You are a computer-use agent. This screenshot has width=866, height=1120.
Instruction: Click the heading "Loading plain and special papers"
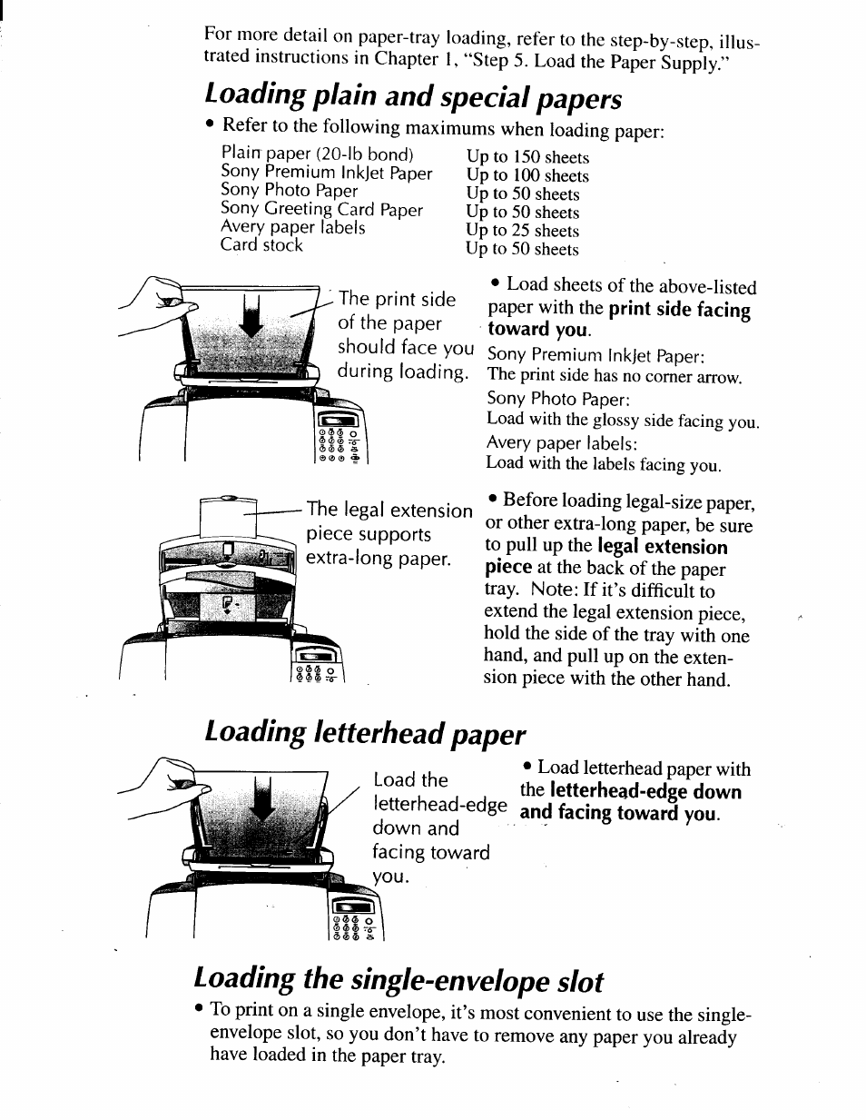tap(413, 95)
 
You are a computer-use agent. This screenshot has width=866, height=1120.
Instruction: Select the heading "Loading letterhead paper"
tap(365, 733)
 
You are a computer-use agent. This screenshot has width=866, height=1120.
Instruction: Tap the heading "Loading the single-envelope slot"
tap(399, 981)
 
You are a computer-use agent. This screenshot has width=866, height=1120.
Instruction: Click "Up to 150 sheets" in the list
tap(527, 157)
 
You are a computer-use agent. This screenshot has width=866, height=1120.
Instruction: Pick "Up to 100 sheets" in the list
tap(527, 175)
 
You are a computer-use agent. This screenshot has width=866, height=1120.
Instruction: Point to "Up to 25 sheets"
tap(522, 231)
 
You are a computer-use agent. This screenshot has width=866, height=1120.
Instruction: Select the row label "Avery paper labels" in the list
tap(292, 227)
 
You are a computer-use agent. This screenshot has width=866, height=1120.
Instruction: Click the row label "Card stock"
tap(261, 245)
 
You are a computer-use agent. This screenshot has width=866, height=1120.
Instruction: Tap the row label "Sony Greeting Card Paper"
tap(321, 209)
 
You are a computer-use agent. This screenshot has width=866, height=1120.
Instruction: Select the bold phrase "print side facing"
tap(679, 310)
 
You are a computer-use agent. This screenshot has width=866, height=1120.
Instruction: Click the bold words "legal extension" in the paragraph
tap(662, 547)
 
